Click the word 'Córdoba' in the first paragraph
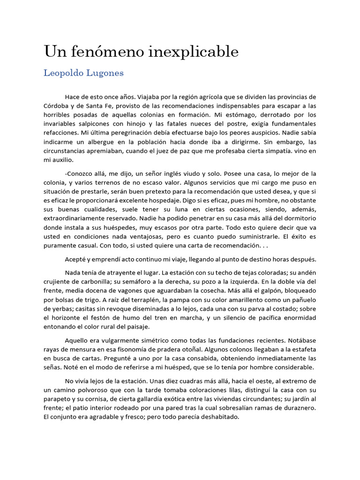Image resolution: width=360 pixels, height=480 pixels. [x=56, y=106]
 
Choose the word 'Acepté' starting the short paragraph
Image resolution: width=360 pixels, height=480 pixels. [x=75, y=259]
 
